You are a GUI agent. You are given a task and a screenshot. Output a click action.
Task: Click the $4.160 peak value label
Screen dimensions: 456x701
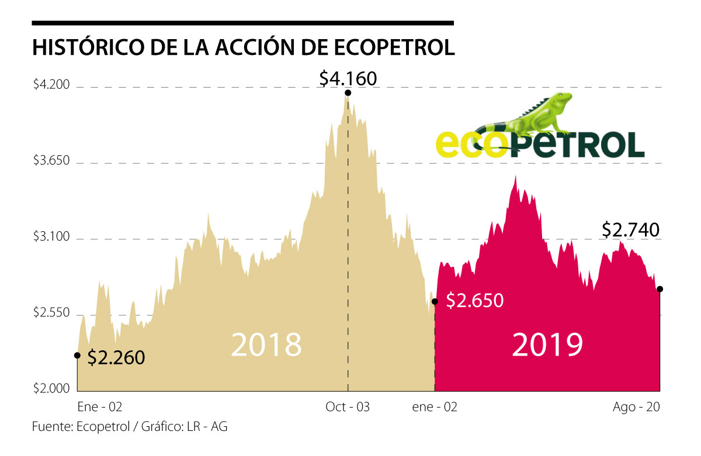coord(348,78)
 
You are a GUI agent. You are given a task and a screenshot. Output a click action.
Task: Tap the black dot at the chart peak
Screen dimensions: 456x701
coord(348,93)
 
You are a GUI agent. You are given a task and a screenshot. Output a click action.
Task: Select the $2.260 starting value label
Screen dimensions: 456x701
coord(116,357)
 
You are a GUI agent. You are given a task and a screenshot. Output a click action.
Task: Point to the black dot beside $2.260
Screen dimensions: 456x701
coord(78,355)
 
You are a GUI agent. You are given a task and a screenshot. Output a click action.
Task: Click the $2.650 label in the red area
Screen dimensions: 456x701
coord(474,301)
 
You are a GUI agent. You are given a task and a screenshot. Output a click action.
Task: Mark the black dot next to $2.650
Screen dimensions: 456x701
coord(435,301)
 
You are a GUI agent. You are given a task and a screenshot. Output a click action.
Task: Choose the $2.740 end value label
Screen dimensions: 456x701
coord(630,230)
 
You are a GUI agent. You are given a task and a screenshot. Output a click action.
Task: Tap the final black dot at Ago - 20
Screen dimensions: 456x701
coord(660,288)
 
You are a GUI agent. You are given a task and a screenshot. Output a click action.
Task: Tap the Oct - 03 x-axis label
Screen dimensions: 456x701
coord(348,408)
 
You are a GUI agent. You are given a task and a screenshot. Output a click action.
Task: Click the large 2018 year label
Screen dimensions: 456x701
coord(266,344)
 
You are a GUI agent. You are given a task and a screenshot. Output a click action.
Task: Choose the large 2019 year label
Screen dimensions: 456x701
coord(547,344)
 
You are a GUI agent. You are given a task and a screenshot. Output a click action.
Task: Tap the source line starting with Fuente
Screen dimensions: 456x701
coord(130,427)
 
